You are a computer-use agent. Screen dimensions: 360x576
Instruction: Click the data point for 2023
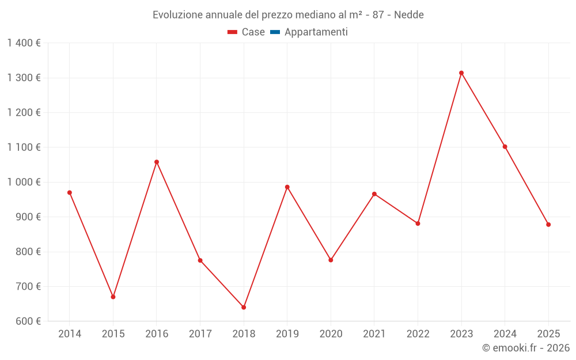(461, 73)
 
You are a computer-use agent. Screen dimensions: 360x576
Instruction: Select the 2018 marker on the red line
(244, 307)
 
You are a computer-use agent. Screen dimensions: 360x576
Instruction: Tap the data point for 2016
(157, 162)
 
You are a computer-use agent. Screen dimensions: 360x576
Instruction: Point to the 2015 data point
(113, 297)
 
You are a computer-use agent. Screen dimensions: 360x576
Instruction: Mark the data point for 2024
(505, 147)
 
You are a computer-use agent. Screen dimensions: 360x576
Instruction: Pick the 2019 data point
(287, 187)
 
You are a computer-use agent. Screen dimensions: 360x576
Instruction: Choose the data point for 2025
(548, 225)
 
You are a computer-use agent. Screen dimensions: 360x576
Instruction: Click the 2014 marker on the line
(70, 192)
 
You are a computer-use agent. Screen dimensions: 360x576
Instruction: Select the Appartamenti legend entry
(316, 32)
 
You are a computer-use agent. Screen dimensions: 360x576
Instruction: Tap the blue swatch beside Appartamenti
(275, 32)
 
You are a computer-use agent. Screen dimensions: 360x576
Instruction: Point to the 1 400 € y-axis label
(24, 43)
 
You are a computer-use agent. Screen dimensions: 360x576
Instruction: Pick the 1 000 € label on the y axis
(24, 182)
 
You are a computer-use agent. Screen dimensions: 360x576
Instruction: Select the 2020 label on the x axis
(331, 334)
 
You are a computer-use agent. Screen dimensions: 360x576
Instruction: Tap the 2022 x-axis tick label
(418, 334)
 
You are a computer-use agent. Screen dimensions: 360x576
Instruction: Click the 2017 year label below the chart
(200, 334)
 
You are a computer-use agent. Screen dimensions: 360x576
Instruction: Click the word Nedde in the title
(409, 15)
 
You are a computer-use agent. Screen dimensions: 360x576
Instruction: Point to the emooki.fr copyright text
(525, 348)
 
